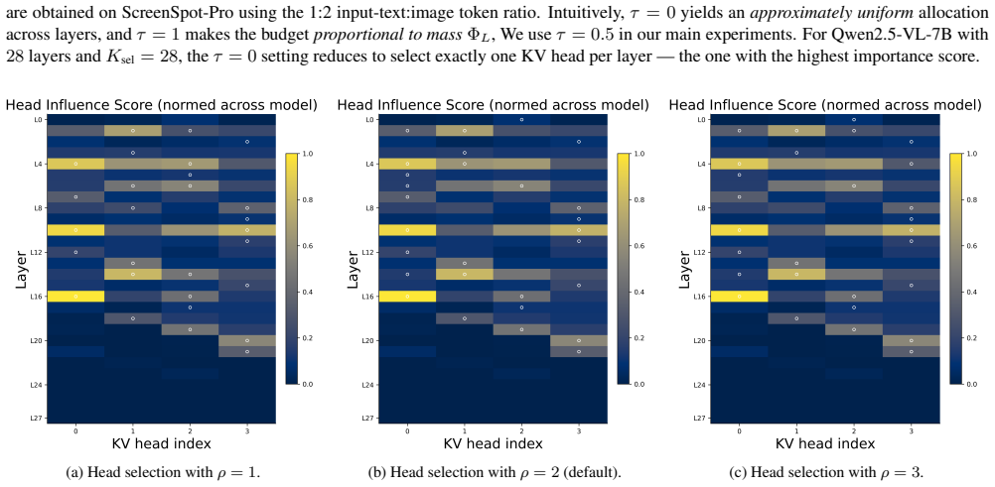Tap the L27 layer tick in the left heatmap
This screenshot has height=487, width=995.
39,418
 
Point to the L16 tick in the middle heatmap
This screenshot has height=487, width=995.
371,297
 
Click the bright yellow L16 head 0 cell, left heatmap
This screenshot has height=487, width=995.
75,297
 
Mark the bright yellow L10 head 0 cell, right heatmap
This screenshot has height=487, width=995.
739,230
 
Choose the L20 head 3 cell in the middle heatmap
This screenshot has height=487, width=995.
579,340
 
